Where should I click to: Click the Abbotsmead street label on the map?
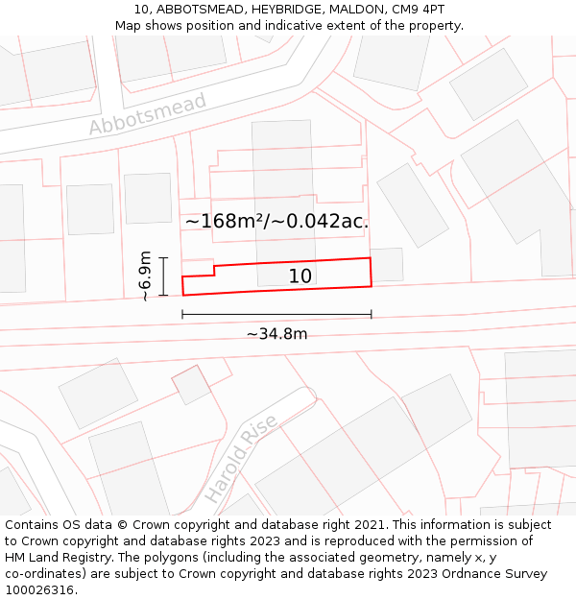[x=147, y=114]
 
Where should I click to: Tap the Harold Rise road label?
[x=240, y=459]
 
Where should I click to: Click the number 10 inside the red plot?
[x=300, y=276]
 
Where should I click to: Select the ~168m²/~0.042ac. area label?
[x=276, y=222]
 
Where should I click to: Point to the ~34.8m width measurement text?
[x=276, y=334]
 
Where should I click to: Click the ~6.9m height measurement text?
[x=145, y=276]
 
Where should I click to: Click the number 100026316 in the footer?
[x=39, y=590]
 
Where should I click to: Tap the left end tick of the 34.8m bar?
[x=182, y=314]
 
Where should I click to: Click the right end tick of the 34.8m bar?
[x=372, y=314]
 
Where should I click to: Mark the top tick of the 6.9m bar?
[x=163, y=258]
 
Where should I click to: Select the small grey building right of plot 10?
[x=387, y=265]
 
